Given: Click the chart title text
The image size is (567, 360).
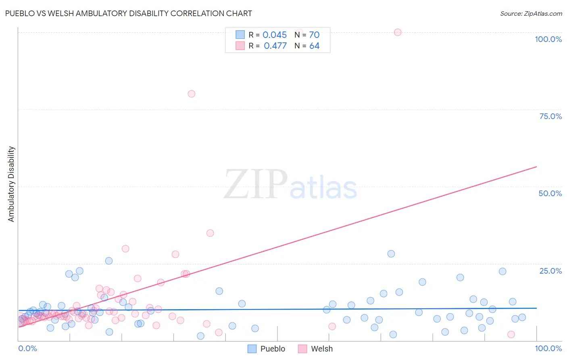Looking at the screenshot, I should [x=128, y=13].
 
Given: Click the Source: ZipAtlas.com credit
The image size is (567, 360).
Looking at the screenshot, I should [x=531, y=13].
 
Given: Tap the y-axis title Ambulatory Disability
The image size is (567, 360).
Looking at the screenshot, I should [x=11, y=184].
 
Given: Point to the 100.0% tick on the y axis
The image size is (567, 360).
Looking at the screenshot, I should [x=548, y=39].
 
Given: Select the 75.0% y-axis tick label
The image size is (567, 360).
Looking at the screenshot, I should [x=550, y=116].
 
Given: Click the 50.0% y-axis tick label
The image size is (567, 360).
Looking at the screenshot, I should [x=550, y=193].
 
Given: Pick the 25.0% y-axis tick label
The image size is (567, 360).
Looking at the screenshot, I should [x=550, y=271].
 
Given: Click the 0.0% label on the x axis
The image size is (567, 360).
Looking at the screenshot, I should [x=27, y=348].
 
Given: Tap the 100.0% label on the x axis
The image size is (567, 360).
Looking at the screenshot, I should [x=548, y=348].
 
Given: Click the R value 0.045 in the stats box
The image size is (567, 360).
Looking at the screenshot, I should [x=275, y=35].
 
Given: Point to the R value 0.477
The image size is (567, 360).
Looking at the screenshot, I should [x=275, y=46].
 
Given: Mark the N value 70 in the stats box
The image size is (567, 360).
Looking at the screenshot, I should [x=314, y=35].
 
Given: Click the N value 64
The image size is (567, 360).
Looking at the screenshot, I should [x=314, y=46].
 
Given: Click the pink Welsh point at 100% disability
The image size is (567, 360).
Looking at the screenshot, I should [x=398, y=32].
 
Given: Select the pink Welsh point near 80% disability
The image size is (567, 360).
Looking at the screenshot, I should [x=192, y=94].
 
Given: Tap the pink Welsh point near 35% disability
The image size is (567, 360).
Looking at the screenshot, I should [x=210, y=233].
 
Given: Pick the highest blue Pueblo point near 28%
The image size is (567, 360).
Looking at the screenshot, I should [x=391, y=254].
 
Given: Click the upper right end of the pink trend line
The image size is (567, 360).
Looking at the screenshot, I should [x=536, y=167].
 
